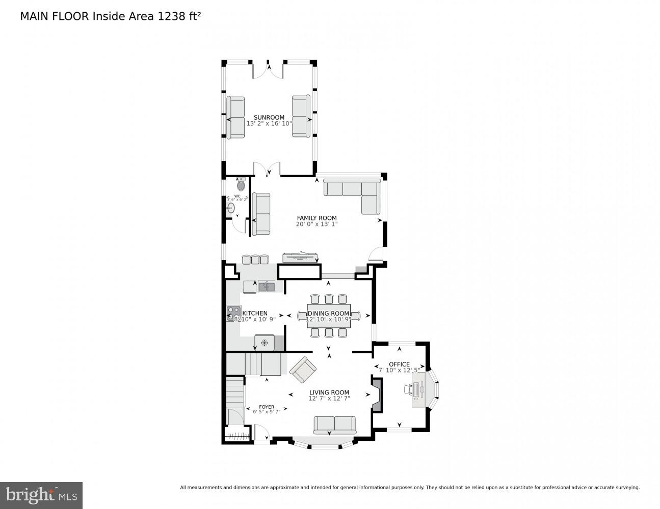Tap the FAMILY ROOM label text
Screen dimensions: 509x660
[x=316, y=218]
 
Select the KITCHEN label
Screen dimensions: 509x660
[x=254, y=314]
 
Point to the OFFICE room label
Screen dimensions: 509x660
[x=399, y=364]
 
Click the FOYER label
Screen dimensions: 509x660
[x=266, y=407]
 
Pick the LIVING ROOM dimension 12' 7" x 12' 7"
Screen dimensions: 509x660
[x=329, y=399]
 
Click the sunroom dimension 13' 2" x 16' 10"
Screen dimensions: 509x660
[x=269, y=123]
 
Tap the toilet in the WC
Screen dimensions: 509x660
[x=241, y=185]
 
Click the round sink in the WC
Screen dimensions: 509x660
[x=230, y=208]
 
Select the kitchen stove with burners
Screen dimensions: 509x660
[x=233, y=314]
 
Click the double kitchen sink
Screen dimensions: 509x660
[x=266, y=287]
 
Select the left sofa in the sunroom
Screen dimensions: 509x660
[x=235, y=117]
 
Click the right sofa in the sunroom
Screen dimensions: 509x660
[x=301, y=116]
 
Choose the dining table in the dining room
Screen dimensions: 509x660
[x=328, y=316]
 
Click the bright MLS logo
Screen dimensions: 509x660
[x=41, y=495]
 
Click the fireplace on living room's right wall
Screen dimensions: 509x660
[x=377, y=394]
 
